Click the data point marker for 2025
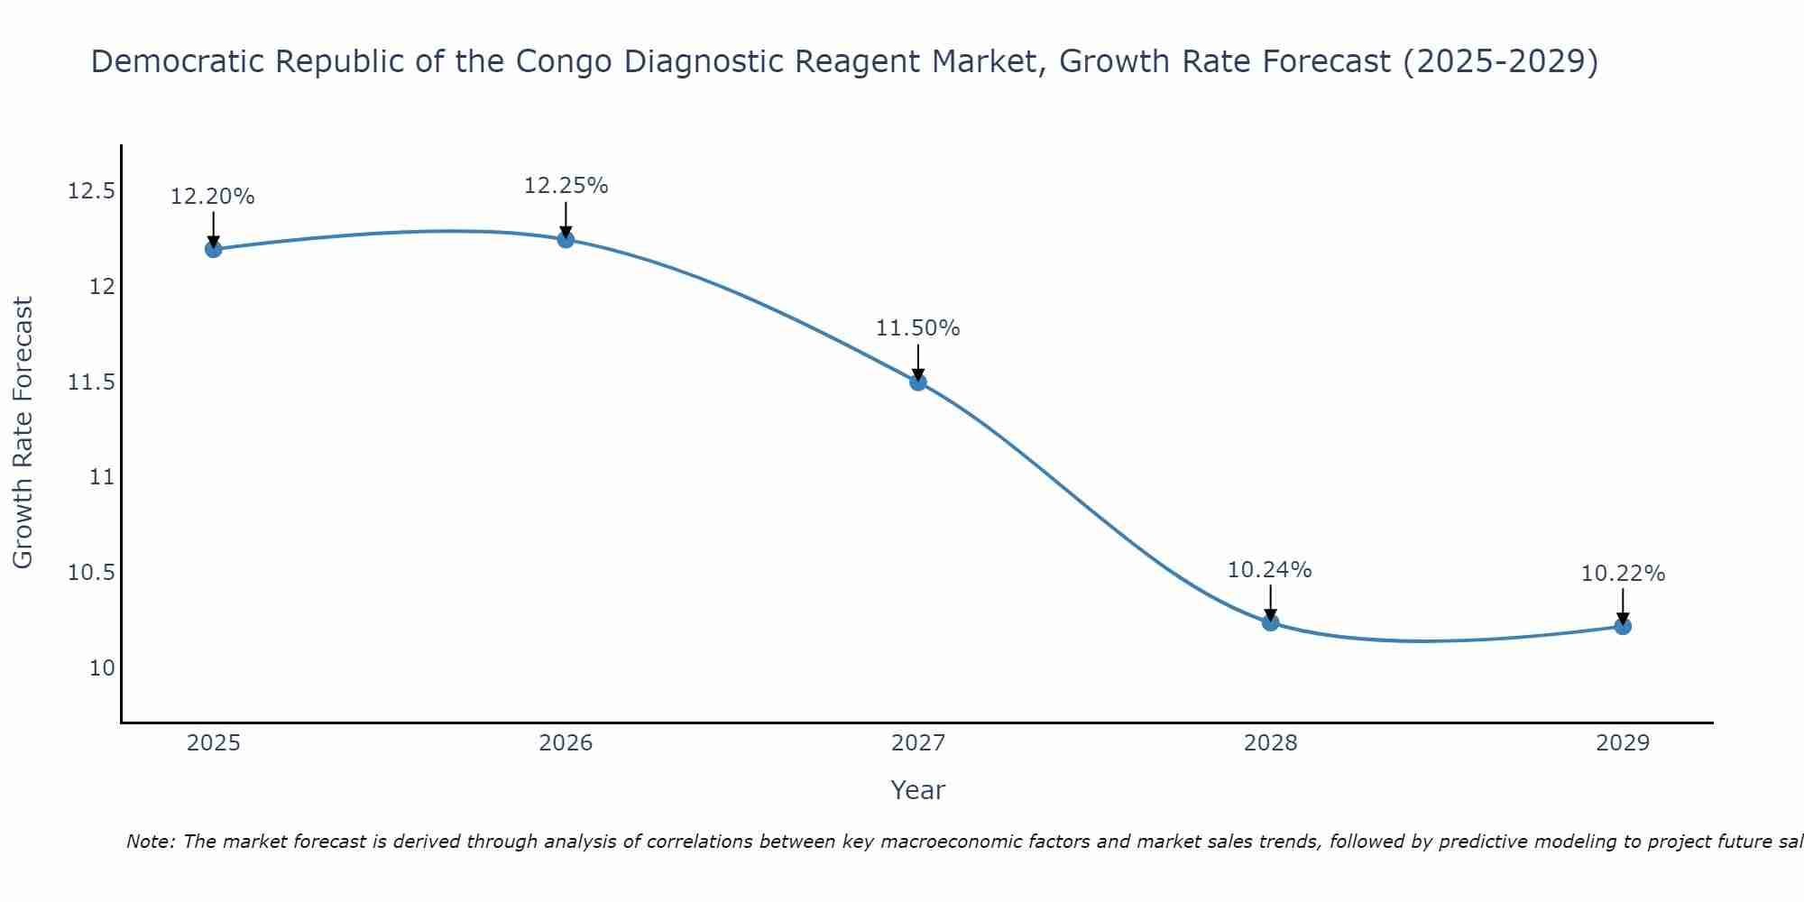click(x=214, y=249)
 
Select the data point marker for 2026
click(x=566, y=239)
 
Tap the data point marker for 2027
click(x=918, y=382)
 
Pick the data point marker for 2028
click(x=1270, y=622)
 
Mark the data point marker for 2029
click(x=1623, y=626)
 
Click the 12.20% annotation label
click(x=213, y=197)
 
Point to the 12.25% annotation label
click(x=566, y=186)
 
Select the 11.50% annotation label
click(x=918, y=328)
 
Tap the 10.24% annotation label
click(x=1270, y=570)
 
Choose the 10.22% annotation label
click(x=1623, y=574)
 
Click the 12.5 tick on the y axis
click(x=91, y=192)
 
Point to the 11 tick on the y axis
click(x=102, y=477)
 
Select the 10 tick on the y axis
click(x=102, y=668)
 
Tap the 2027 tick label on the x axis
click(x=918, y=743)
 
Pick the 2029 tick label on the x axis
click(x=1623, y=743)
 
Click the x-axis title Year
click(x=918, y=790)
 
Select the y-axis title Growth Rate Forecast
click(x=23, y=433)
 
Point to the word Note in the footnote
click(x=150, y=842)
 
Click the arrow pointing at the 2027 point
click(x=918, y=363)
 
